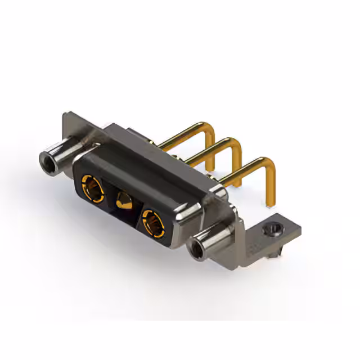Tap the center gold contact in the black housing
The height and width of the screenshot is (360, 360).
pos(123,200)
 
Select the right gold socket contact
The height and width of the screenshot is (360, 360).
pos(152,220)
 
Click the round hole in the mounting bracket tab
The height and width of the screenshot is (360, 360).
pos(272,229)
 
